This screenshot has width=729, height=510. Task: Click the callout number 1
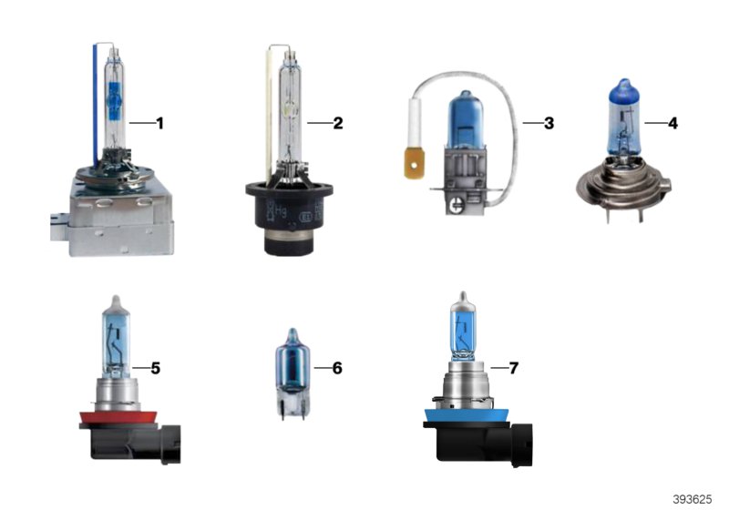pos(159,122)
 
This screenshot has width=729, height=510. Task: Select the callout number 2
pos(338,122)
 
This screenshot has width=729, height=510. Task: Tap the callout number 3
pos(549,122)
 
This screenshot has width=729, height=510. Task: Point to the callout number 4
pos(673,122)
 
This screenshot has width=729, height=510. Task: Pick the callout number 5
pos(156,368)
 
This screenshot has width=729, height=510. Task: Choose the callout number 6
pos(338,368)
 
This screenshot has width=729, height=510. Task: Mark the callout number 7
pos(514,368)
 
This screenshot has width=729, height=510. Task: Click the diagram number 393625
pos(693,499)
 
